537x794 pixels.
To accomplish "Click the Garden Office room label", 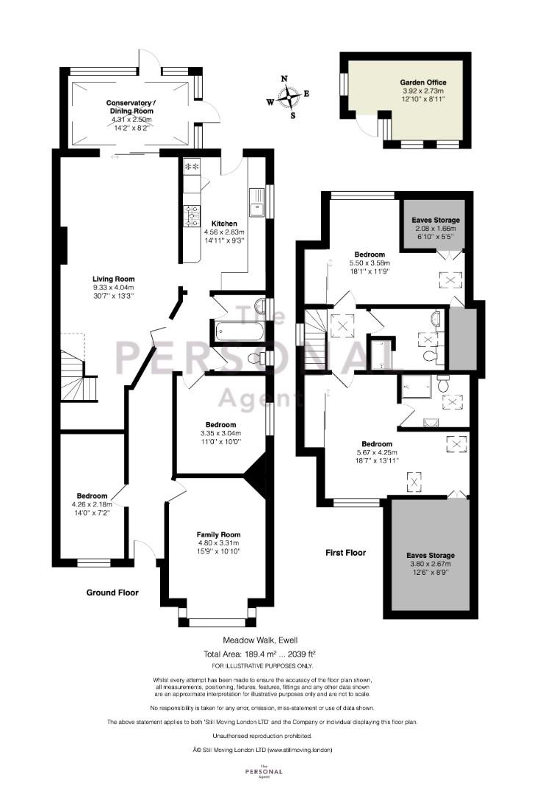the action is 423,82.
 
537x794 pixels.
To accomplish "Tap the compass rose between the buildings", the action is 288,96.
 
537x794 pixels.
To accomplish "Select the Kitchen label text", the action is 224,223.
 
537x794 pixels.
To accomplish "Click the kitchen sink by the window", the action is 256,202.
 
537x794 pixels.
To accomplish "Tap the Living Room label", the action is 113,279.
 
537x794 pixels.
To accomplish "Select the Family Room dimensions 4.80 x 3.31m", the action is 219,543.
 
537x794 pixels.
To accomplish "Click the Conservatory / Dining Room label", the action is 131,107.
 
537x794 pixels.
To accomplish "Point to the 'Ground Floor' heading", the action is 112,593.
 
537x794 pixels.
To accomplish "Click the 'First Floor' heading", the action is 346,552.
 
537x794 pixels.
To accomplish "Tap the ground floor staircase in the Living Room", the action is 79,376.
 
